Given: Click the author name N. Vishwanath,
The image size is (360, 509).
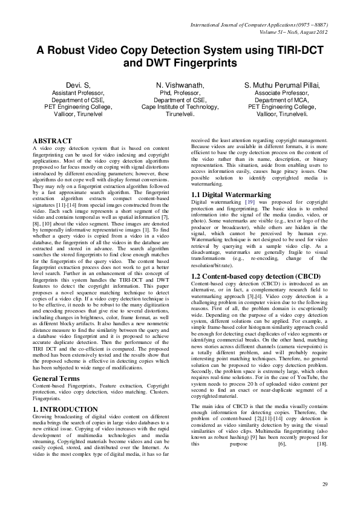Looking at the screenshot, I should click(180, 86).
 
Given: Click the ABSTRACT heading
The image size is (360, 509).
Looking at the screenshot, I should click(53, 141).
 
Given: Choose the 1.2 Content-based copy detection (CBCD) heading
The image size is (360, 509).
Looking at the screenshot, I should click(250, 275).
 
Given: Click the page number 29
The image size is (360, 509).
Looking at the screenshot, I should click(324, 484).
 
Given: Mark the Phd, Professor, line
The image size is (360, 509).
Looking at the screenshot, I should click(180, 94).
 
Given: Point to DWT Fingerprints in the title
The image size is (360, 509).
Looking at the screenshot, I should click(180, 62).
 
